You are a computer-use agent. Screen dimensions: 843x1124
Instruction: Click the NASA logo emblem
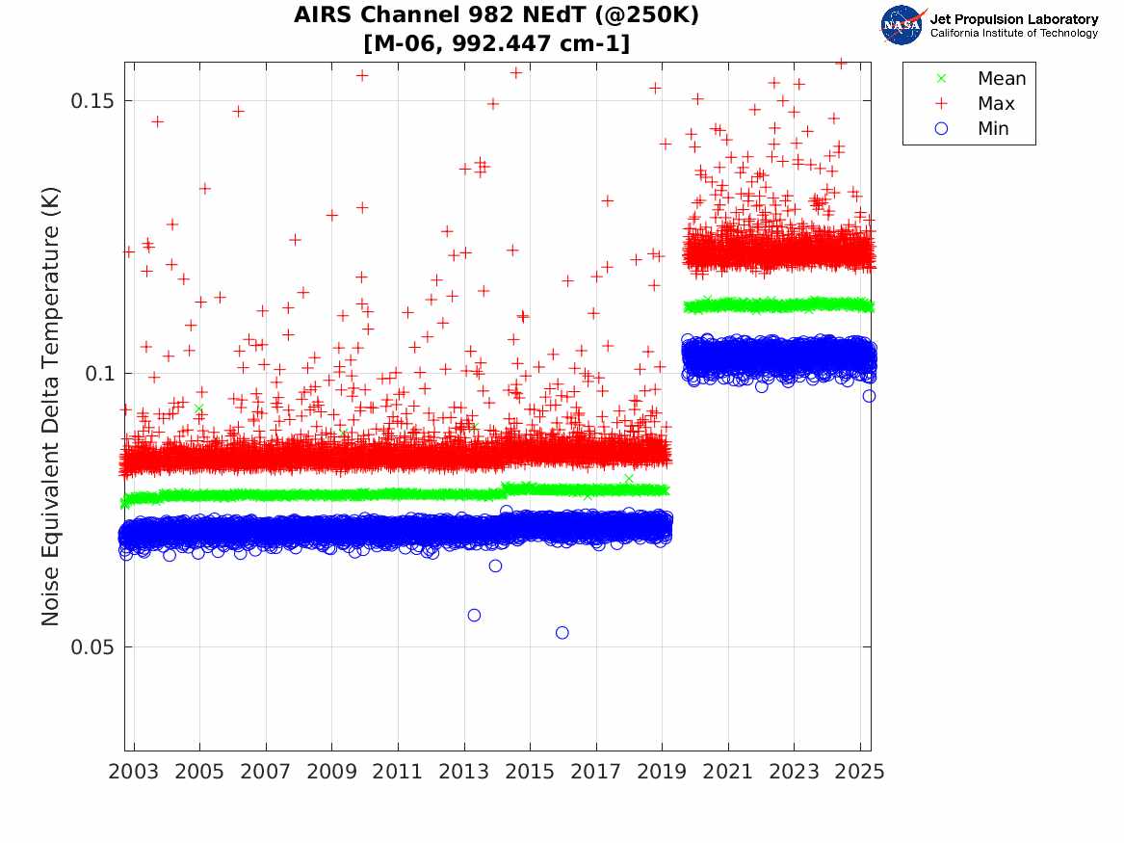tap(902, 25)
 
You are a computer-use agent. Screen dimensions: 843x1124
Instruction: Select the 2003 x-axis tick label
tap(134, 771)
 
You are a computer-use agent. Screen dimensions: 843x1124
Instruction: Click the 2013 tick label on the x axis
tap(464, 771)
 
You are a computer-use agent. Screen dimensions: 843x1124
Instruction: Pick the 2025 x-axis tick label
tap(860, 771)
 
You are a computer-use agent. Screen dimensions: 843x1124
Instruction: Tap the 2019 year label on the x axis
tap(663, 771)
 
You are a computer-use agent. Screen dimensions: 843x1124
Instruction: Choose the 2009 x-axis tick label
tap(332, 771)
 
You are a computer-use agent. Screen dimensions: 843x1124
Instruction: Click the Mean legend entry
tap(1001, 79)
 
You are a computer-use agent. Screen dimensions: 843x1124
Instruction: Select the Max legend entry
tap(996, 104)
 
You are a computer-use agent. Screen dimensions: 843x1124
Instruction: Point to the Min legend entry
tap(993, 129)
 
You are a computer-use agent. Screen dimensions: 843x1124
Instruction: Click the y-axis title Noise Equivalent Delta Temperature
tap(51, 407)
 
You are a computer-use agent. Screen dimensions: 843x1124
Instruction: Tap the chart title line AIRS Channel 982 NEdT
tap(496, 15)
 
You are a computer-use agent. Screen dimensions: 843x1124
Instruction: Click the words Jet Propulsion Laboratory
tap(1013, 19)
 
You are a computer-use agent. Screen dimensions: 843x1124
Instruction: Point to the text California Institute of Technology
tap(1013, 34)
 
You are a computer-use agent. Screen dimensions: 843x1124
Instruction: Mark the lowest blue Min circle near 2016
tap(562, 632)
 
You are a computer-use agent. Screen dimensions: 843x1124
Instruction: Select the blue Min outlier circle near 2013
tap(474, 615)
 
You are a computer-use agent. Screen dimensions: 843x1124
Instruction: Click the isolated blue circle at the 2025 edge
tap(869, 396)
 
